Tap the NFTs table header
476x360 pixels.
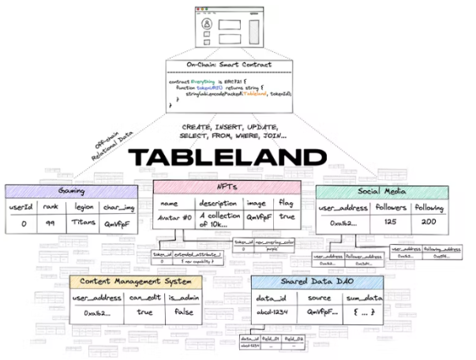(x=227, y=187)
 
